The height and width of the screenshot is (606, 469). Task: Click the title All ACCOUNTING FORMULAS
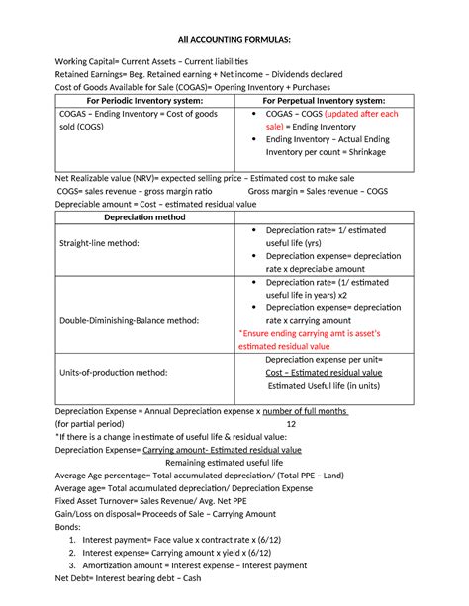tap(234, 39)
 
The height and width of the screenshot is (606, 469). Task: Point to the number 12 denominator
tap(317, 423)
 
